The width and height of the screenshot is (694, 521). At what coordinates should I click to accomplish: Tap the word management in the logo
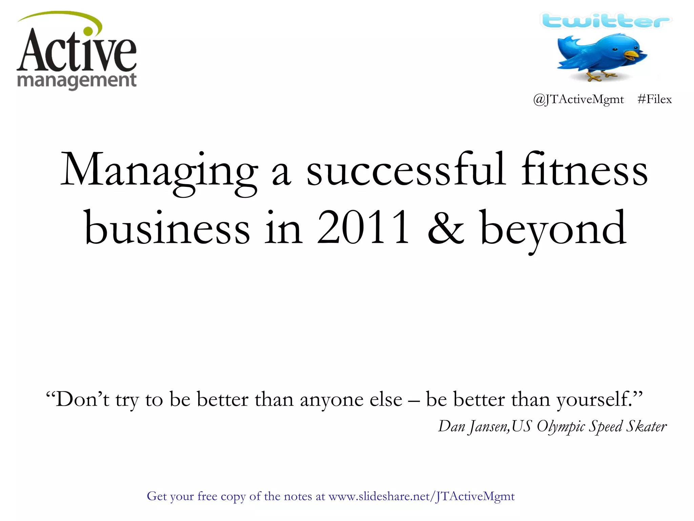77,81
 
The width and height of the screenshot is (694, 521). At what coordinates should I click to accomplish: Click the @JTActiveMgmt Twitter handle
578,99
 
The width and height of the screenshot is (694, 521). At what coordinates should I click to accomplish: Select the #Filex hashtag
654,99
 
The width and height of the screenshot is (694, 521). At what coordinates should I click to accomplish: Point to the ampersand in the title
446,228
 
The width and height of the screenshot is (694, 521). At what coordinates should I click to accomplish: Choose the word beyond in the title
553,229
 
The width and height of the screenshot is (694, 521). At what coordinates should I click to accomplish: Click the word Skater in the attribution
646,426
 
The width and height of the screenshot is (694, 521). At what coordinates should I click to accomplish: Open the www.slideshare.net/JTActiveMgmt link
422,496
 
